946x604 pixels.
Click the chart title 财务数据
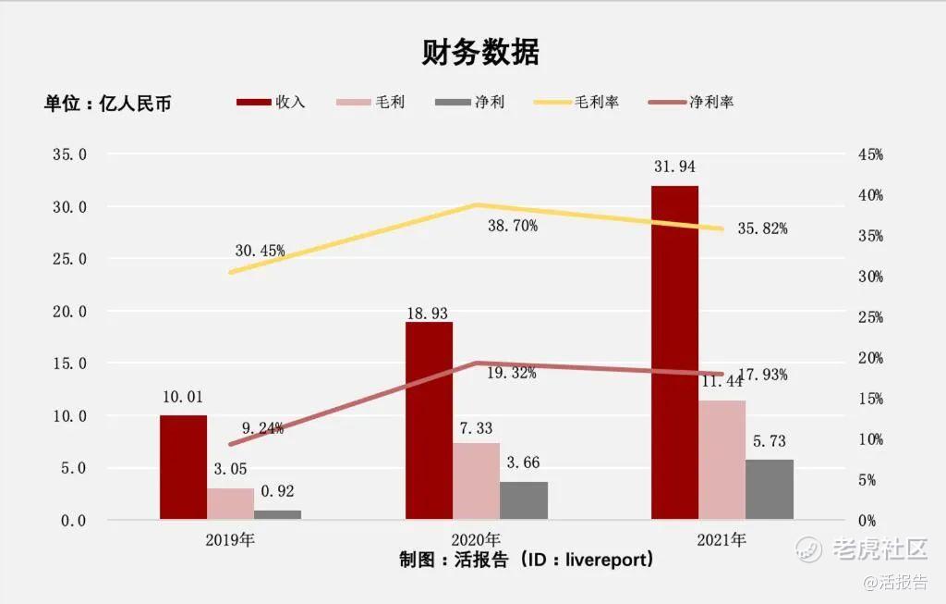pyautogui.click(x=480, y=53)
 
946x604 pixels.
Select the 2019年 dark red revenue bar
pyautogui.click(x=183, y=467)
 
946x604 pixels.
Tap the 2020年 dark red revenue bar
pyautogui.click(x=430, y=421)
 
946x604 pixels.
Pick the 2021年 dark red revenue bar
pyautogui.click(x=674, y=352)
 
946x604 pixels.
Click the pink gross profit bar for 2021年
pyautogui.click(x=722, y=460)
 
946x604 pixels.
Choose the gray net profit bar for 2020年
pyautogui.click(x=524, y=500)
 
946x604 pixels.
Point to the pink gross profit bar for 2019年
pyautogui.click(x=230, y=504)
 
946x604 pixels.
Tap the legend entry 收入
pyautogui.click(x=272, y=102)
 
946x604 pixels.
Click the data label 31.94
pyautogui.click(x=674, y=166)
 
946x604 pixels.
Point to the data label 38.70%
pyautogui.click(x=513, y=225)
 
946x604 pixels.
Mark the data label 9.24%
pyautogui.click(x=262, y=427)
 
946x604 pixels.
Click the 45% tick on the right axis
pyautogui.click(x=870, y=155)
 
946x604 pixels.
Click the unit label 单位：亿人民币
pyautogui.click(x=108, y=104)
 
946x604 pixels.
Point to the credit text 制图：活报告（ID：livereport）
pyautogui.click(x=528, y=560)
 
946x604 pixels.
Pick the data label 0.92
pyautogui.click(x=278, y=491)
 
